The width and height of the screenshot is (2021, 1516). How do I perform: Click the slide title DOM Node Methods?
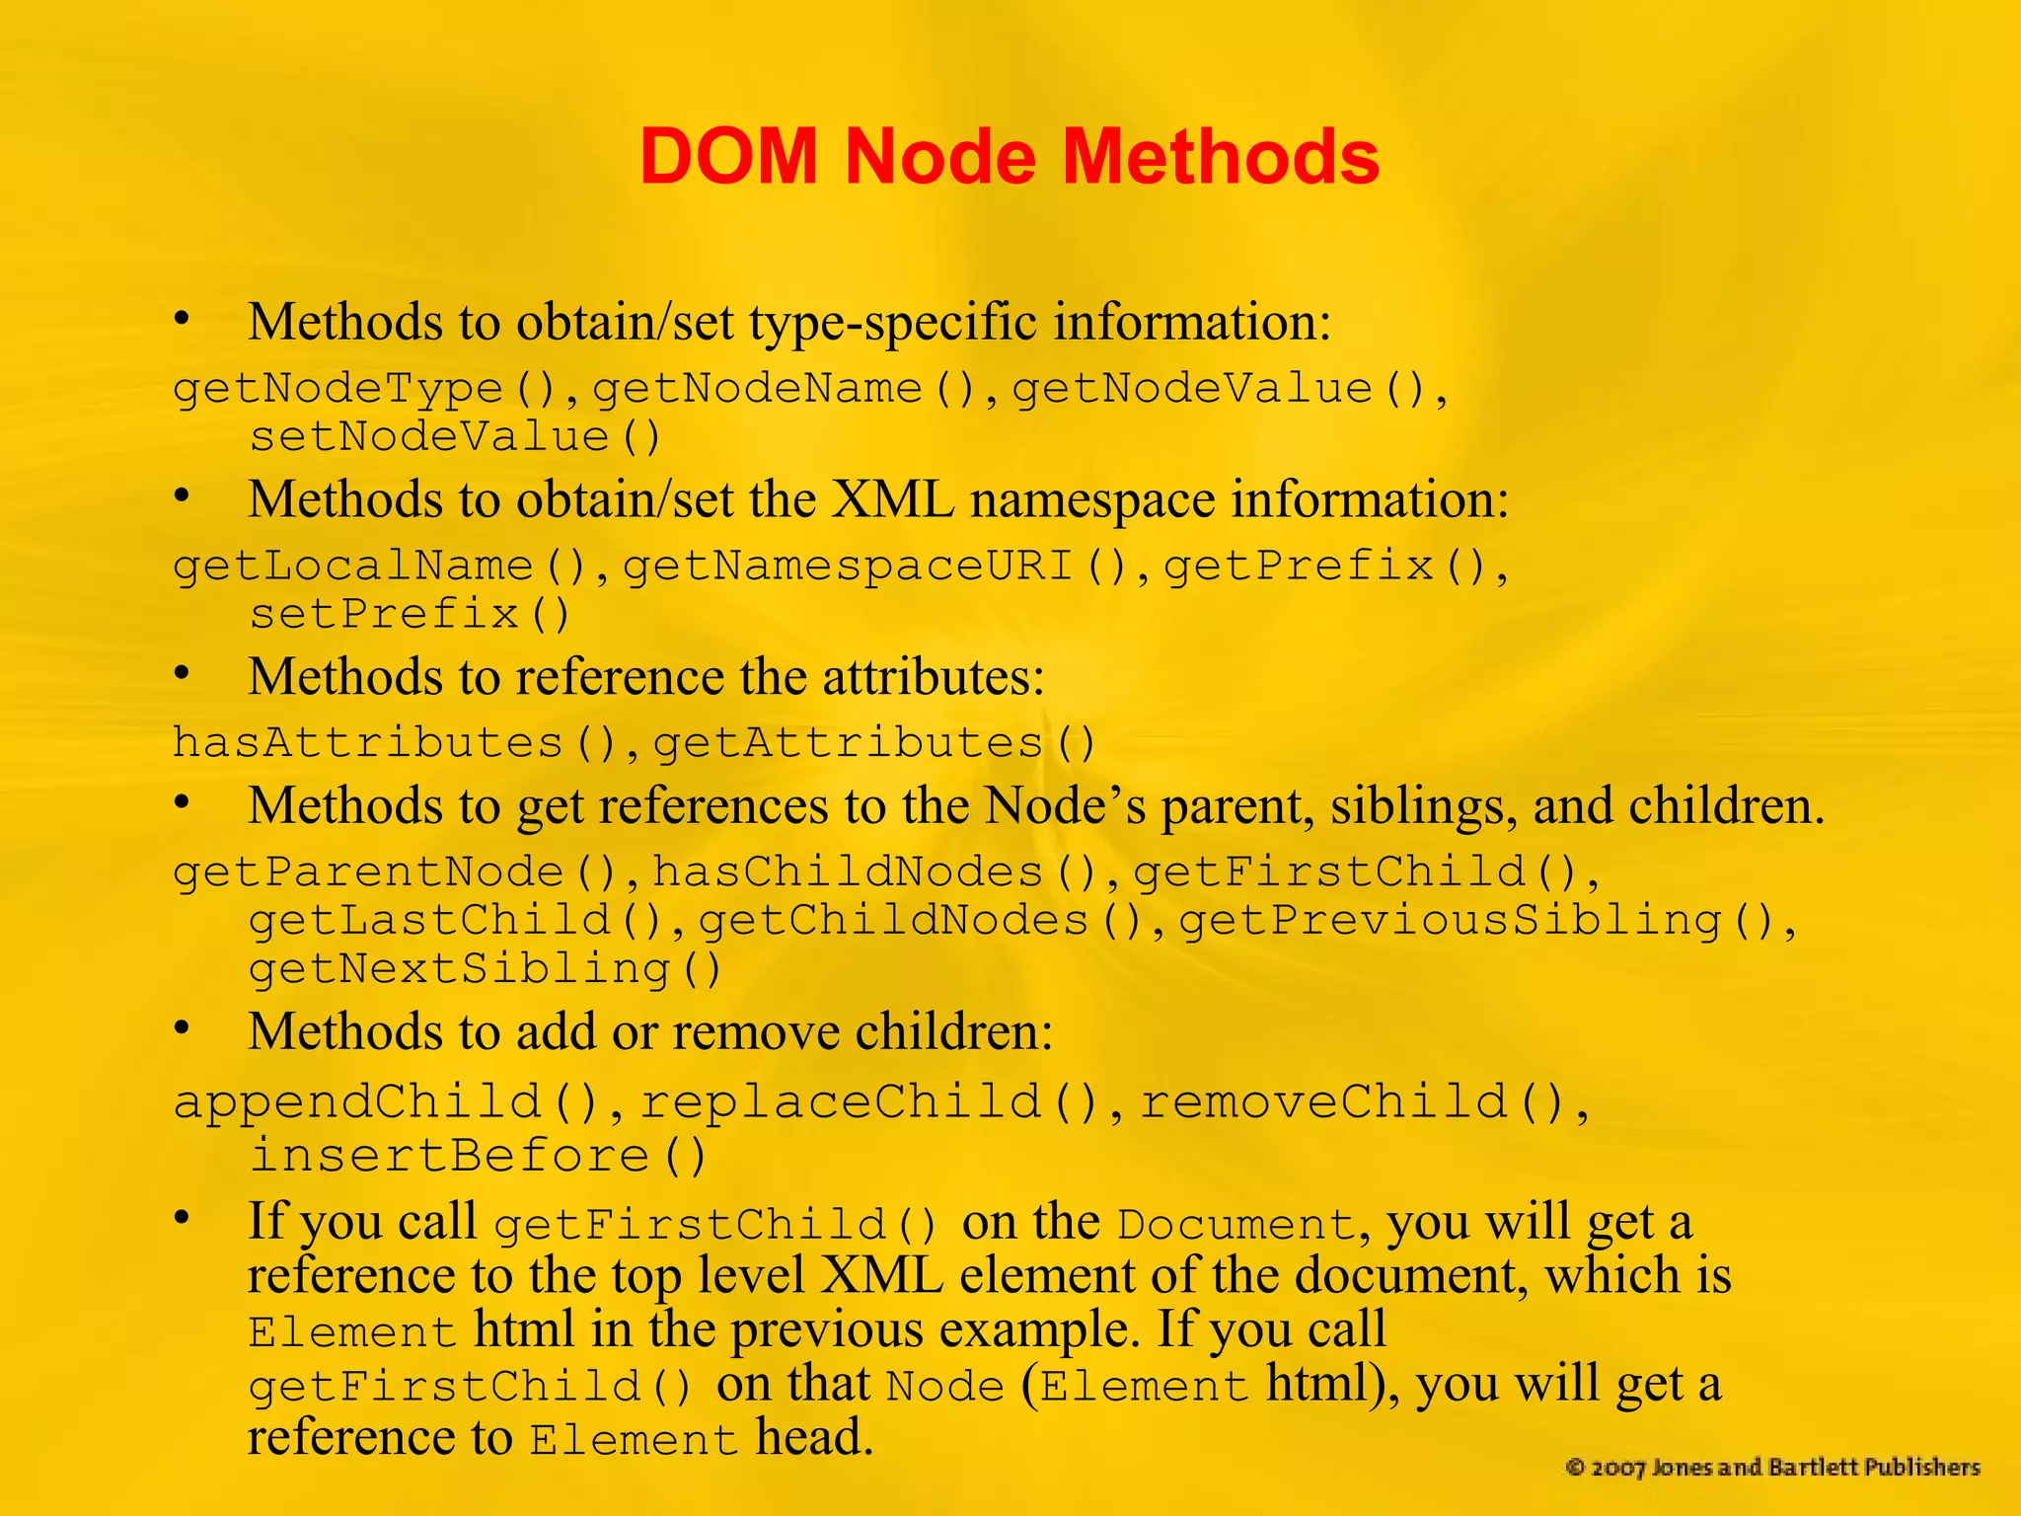1009,156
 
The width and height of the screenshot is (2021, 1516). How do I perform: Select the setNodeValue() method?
454,437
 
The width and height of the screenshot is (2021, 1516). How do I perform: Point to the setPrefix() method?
409,615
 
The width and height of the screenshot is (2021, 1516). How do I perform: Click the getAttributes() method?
874,743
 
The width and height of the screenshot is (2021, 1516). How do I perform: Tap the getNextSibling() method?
485,969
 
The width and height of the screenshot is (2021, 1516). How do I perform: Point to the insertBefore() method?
478,1156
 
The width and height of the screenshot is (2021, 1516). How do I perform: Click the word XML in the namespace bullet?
892,499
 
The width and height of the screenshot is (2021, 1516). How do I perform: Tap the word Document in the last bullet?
1235,1226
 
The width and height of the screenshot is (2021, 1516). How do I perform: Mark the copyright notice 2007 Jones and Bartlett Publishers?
1772,1468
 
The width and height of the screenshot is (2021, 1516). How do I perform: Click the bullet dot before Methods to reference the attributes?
182,674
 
